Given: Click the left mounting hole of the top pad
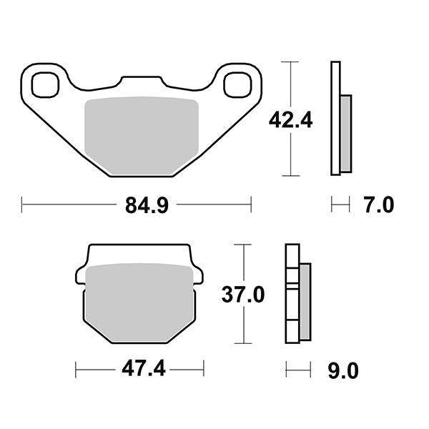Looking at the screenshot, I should pyautogui.click(x=44, y=84).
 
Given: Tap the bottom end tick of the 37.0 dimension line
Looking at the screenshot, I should pyautogui.click(x=245, y=345).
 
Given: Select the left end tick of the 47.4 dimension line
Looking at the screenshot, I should pyautogui.click(x=76, y=370).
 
